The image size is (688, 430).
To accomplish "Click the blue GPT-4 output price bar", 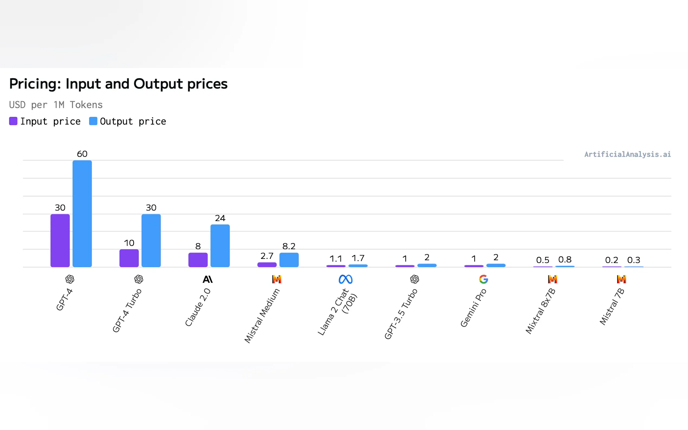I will point(82,213).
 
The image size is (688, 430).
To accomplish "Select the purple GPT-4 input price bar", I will point(60,240).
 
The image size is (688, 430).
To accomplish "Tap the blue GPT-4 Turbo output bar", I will point(151,240).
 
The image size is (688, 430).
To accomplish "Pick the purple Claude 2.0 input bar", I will point(198,260).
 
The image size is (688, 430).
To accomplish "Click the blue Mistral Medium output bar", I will point(289,260).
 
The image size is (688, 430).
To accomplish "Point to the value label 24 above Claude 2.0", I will point(220,218).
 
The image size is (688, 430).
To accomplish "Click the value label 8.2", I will point(289,246).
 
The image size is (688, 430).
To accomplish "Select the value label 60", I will point(82,154).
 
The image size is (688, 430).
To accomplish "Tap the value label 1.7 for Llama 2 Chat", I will point(358,258).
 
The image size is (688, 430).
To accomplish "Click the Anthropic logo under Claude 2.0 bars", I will point(208,279).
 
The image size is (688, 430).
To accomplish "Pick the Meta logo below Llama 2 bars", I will point(345,279).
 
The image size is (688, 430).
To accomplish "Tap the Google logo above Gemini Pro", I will point(483,279).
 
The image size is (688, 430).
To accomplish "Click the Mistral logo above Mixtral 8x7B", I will point(552,279).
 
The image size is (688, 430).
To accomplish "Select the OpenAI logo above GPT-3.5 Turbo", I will point(414,279).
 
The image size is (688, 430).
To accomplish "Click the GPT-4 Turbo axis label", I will point(127,310).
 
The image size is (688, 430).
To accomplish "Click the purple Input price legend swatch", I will point(13,121).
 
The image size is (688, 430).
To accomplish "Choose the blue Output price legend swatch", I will point(93,121).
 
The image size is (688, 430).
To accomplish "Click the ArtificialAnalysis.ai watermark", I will point(627,154).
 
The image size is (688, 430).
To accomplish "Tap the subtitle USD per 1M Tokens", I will point(56,105).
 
